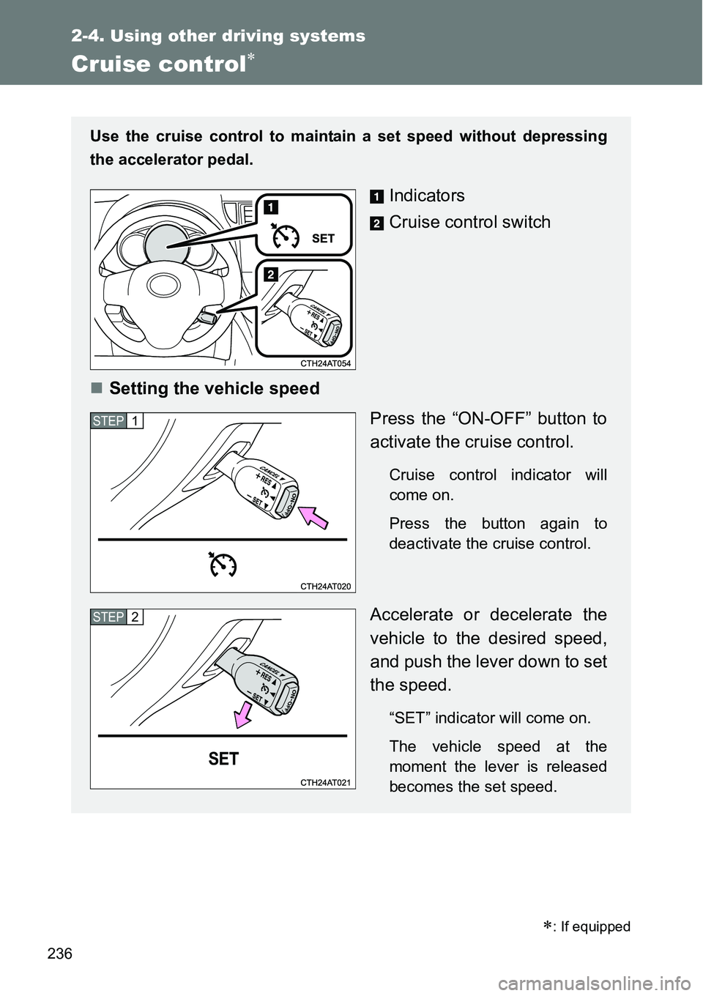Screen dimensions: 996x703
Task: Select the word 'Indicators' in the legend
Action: click(427, 196)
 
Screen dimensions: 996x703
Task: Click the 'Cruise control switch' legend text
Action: click(469, 222)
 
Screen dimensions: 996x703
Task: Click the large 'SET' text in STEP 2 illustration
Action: click(223, 759)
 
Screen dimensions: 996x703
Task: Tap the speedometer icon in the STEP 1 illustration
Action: click(222, 565)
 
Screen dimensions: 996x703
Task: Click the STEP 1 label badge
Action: click(117, 421)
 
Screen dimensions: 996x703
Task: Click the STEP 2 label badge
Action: click(117, 617)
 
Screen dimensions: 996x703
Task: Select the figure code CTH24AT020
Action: click(325, 586)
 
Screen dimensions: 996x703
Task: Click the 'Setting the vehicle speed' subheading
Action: click(214, 388)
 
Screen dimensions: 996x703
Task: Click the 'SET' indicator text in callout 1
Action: click(323, 238)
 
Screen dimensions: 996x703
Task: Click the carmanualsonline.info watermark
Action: click(565, 979)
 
